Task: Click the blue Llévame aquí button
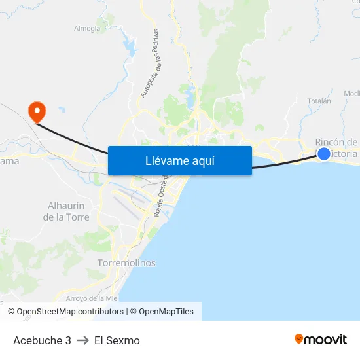(179, 160)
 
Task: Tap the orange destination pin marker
(37, 111)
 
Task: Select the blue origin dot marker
(323, 154)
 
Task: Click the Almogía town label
(87, 28)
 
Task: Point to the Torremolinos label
(126, 262)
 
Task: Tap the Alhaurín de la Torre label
(69, 211)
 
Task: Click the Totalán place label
(319, 101)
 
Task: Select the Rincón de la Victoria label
(336, 147)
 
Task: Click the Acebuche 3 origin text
(42, 340)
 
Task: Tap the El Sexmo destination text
(117, 340)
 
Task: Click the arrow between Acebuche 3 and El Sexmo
(82, 340)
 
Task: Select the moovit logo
(320, 339)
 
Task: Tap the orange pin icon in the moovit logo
(299, 339)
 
